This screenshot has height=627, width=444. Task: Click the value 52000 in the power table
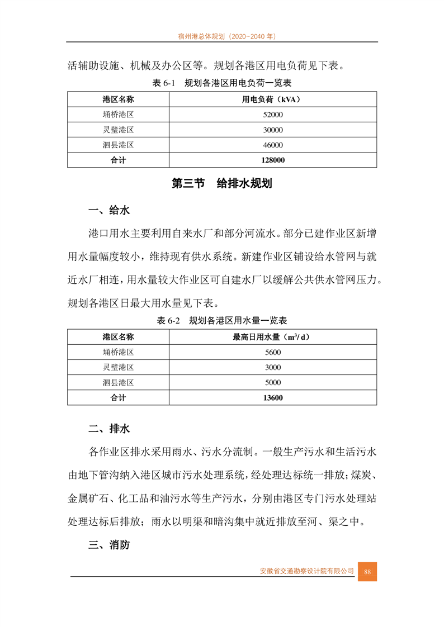[272, 115]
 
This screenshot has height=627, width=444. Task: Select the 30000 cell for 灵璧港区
[272, 130]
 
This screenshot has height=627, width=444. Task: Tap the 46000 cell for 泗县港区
[272, 145]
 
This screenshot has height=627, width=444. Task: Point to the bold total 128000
[272, 160]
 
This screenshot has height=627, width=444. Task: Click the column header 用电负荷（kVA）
[272, 99]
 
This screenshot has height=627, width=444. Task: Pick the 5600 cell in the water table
[272, 352]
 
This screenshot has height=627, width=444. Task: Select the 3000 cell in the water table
[272, 367]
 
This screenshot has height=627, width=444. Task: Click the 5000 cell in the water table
[272, 383]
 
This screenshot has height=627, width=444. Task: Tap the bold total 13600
[272, 398]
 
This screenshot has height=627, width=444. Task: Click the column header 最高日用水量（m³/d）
[272, 337]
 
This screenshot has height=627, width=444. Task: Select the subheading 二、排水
[109, 429]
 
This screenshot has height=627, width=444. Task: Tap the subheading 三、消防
[109, 545]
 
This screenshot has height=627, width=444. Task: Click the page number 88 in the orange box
[367, 571]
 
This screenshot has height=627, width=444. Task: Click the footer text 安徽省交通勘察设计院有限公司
[307, 571]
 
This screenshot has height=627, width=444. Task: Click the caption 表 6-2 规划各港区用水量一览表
[222, 321]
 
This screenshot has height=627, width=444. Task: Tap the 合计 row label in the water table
[118, 398]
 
